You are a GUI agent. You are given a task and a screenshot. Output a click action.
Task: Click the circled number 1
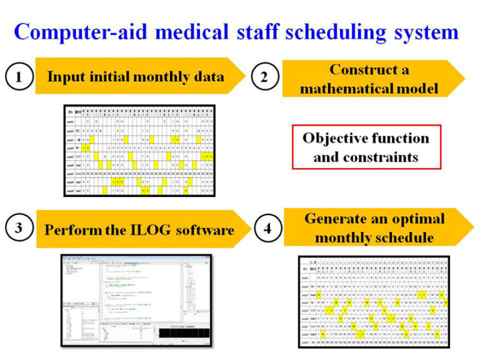click(x=18, y=77)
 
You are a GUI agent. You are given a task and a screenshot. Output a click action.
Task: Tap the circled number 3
click(x=18, y=229)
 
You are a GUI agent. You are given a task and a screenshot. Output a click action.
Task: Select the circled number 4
click(x=267, y=229)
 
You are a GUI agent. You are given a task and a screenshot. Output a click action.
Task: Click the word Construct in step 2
click(x=362, y=69)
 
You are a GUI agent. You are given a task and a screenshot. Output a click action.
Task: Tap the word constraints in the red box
click(x=381, y=156)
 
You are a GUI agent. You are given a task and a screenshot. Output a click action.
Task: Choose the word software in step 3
click(x=199, y=229)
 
